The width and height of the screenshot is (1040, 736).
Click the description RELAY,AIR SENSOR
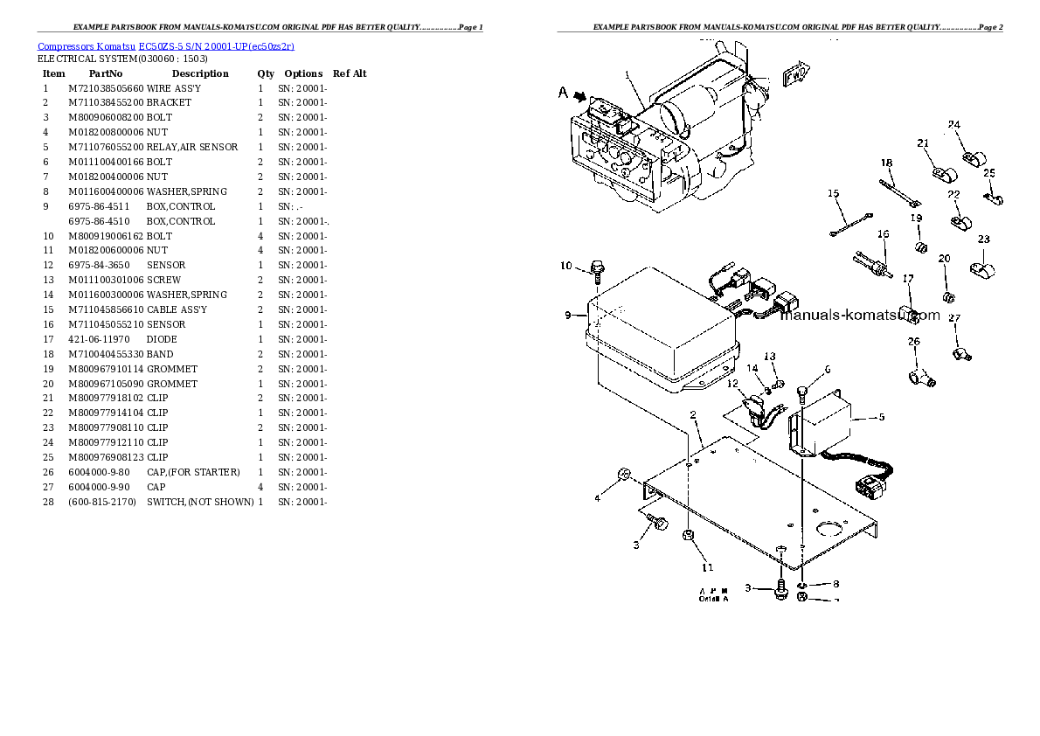(192, 147)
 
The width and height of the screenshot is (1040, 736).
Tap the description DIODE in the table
(162, 339)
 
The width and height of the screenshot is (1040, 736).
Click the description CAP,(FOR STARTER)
(193, 472)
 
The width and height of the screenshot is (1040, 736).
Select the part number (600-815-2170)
(101, 502)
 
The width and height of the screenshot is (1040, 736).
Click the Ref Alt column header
(350, 73)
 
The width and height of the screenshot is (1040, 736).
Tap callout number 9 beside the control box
(568, 315)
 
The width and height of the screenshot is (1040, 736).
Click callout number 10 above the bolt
(565, 266)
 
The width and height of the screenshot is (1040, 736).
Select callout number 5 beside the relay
(881, 417)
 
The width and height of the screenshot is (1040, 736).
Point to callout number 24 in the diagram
(954, 125)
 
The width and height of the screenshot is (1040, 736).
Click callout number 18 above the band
(886, 163)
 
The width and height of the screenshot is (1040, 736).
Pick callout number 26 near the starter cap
(913, 342)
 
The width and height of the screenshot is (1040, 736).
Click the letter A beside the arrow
(563, 91)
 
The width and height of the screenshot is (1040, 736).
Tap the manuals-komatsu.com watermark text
(859, 316)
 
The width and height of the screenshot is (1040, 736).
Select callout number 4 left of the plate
(598, 498)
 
